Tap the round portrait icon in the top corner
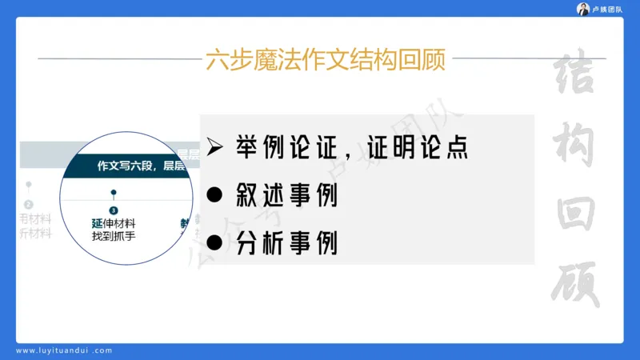click(583, 9)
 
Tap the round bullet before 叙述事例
click(214, 194)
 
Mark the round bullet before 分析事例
click(214, 242)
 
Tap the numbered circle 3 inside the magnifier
click(114, 210)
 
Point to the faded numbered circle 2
click(29, 205)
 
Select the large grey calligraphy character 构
click(579, 148)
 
